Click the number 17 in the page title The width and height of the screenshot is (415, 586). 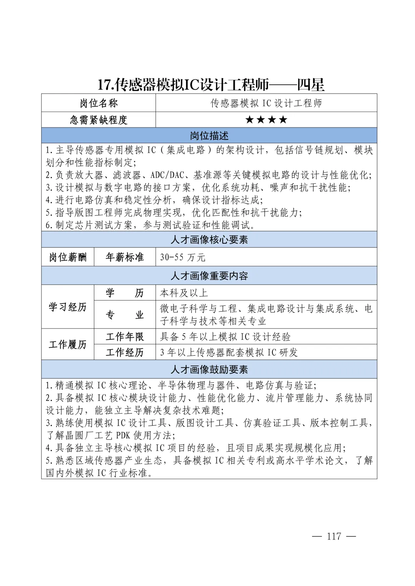tap(104, 85)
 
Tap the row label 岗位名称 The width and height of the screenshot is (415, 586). tap(99, 103)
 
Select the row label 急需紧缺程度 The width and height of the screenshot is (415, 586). tap(99, 120)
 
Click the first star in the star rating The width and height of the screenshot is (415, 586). tap(249, 120)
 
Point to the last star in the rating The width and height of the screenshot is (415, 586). tap(283, 120)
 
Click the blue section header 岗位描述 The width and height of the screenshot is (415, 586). tap(209, 136)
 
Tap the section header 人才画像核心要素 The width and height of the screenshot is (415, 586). tap(209, 240)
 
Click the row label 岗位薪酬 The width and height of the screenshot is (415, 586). tap(68, 257)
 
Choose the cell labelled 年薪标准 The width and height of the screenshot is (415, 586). tap(124, 257)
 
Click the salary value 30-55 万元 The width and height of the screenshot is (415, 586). tap(183, 258)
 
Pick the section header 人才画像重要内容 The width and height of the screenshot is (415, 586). tap(209, 276)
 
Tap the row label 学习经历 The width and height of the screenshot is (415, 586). tap(68, 307)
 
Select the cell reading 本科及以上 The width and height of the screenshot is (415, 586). tap(184, 293)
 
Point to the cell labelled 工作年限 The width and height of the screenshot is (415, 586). tap(124, 337)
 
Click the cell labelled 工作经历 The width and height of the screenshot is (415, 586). tap(124, 352)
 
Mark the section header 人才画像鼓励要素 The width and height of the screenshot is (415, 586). tap(209, 370)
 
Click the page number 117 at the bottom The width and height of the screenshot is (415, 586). tap(334, 536)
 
